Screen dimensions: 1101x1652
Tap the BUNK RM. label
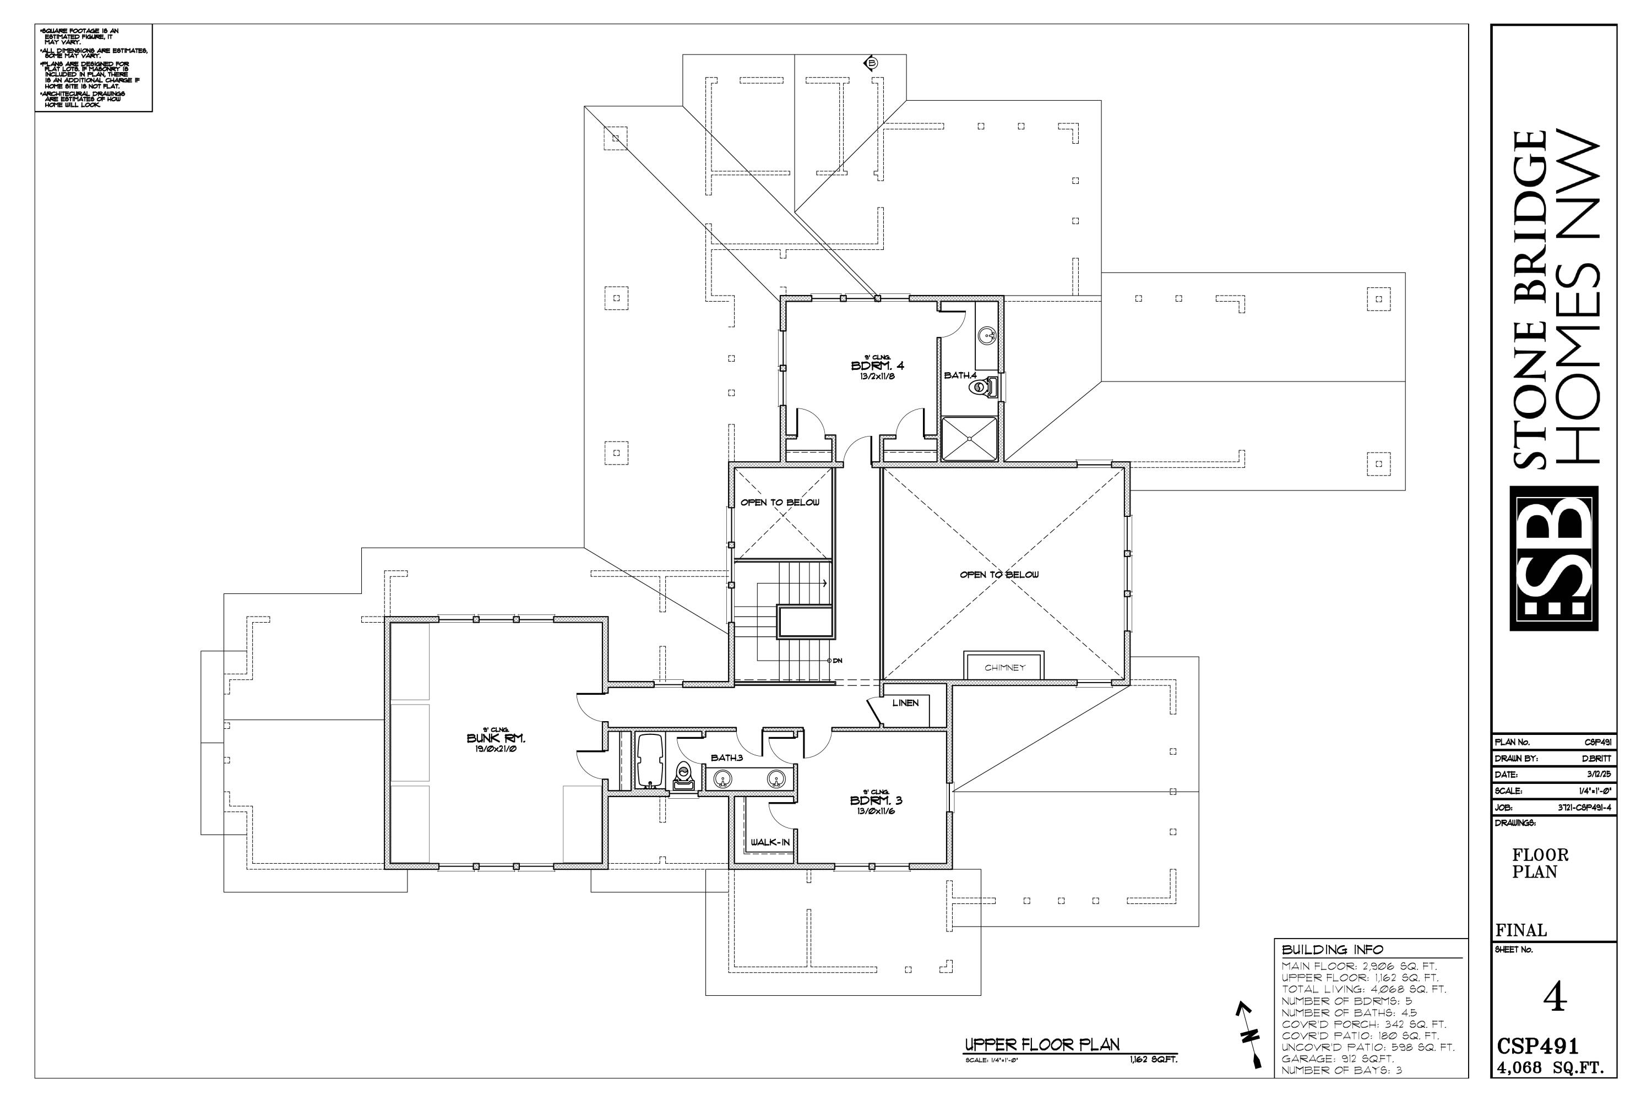click(496, 738)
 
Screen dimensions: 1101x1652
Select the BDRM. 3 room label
click(876, 800)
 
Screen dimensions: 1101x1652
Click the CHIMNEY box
click(1004, 667)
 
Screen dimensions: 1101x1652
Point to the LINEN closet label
click(905, 703)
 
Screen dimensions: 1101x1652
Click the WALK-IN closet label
click(770, 842)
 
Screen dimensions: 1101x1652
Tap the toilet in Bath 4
click(986, 387)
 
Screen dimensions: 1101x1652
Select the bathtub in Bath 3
click(650, 761)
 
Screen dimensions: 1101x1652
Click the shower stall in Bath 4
click(969, 438)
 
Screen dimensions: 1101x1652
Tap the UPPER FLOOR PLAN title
click(1042, 1044)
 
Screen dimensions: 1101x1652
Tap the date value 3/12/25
click(1598, 775)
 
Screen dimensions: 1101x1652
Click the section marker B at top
click(871, 63)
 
